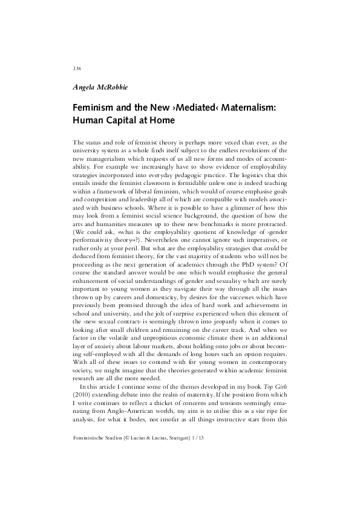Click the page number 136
click(77, 68)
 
